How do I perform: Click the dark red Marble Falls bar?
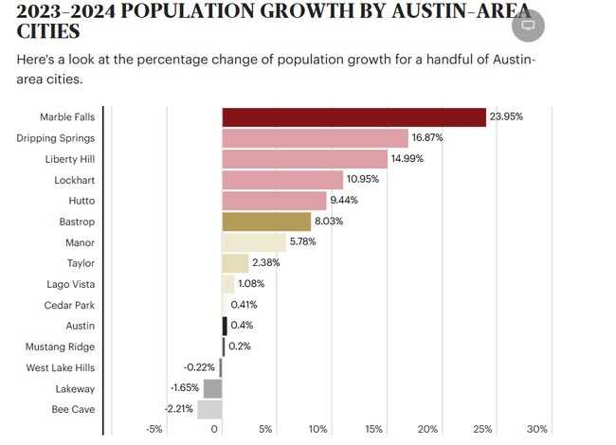pyautogui.click(x=354, y=116)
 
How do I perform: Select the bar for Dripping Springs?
pyautogui.click(x=315, y=138)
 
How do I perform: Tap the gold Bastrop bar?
pyautogui.click(x=266, y=222)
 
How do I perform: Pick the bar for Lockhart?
pyautogui.click(x=282, y=180)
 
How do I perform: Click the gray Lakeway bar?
pyautogui.click(x=212, y=388)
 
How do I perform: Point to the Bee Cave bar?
pyautogui.click(x=209, y=409)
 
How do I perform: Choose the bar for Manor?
pyautogui.click(x=254, y=242)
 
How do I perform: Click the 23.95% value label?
pyautogui.click(x=506, y=116)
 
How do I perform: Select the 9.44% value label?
pyautogui.click(x=346, y=201)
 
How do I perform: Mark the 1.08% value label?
pyautogui.click(x=251, y=284)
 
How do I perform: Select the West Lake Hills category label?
pyautogui.click(x=61, y=367)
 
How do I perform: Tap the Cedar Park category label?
pyautogui.click(x=69, y=305)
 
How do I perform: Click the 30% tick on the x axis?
pyautogui.click(x=536, y=429)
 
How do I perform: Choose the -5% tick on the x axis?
pyautogui.click(x=154, y=429)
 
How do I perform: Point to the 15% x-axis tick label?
pyautogui.click(x=373, y=429)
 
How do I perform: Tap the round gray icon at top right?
pyautogui.click(x=528, y=26)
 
